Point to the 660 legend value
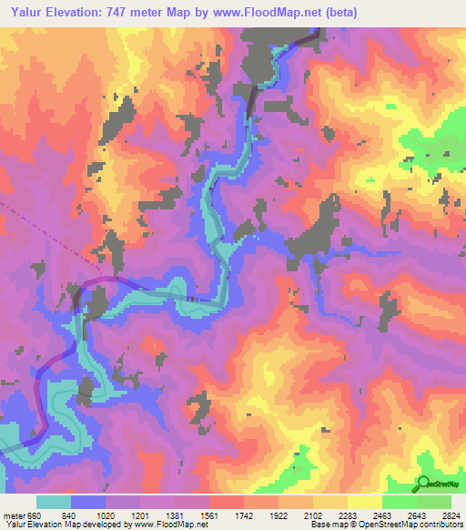pyautogui.click(x=35, y=515)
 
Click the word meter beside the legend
pyautogui.click(x=15, y=515)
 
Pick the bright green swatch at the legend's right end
pyautogui.click(x=435, y=502)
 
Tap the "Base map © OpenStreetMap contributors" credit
pyautogui.click(x=385, y=525)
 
